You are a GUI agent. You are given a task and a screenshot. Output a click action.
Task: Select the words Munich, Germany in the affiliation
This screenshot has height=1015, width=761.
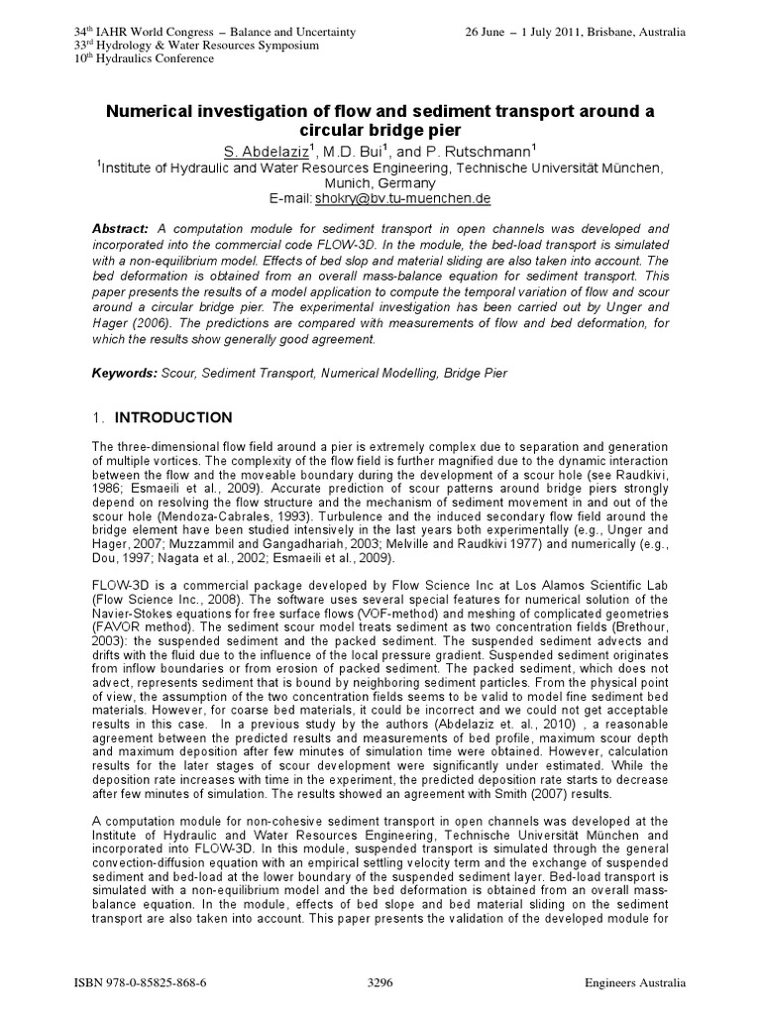point(380,183)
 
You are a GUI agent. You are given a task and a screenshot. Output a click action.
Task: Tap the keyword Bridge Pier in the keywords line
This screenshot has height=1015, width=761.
point(478,372)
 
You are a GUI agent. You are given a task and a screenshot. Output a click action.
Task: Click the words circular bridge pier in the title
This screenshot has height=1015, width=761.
point(380,130)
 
